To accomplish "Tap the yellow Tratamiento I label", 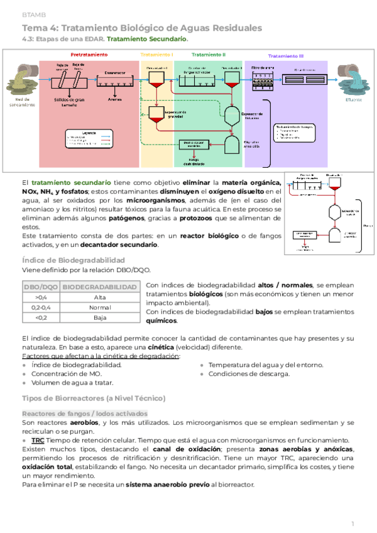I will click(157, 55).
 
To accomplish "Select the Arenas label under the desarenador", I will click(114, 98).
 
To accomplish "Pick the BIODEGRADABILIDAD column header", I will click(99, 287).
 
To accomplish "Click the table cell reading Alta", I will click(99, 297).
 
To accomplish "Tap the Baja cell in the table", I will click(99, 317).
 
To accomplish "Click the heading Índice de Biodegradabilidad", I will click(73, 260).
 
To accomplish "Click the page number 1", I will click(354, 524).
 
